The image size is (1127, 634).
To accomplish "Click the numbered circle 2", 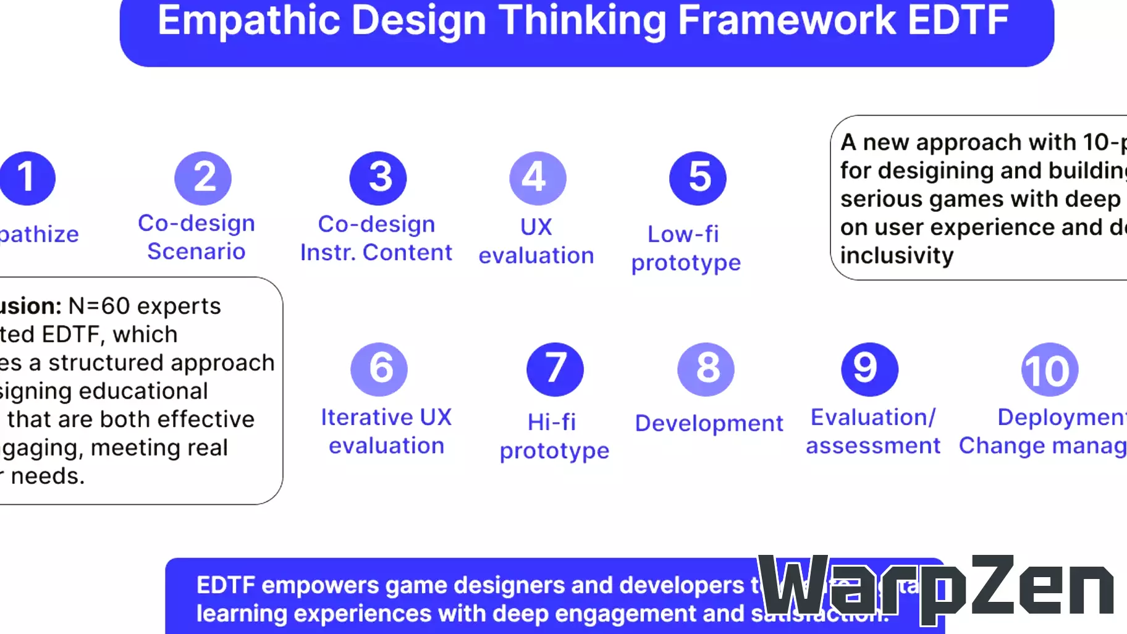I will (x=203, y=178).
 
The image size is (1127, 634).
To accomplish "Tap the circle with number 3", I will (x=378, y=178).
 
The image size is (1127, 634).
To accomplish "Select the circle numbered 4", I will (x=538, y=178).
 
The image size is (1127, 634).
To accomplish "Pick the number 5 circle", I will (x=698, y=178).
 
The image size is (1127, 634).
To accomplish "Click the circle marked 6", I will (x=379, y=369).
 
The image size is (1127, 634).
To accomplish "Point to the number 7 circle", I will (x=555, y=369).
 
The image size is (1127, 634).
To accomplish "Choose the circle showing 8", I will (x=706, y=369).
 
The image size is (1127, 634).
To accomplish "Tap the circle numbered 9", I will (x=869, y=369).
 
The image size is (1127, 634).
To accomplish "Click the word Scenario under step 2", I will (x=196, y=251).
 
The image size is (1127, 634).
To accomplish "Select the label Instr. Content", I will (x=376, y=253).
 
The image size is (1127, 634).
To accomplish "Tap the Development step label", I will (x=709, y=423).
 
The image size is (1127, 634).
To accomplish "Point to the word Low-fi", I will (x=683, y=234).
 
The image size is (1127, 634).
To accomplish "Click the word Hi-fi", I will (x=552, y=423).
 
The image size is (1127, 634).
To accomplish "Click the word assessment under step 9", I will (x=873, y=446).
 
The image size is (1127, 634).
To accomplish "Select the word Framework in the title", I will (x=787, y=20).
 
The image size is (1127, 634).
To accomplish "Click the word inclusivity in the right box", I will (x=897, y=256).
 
